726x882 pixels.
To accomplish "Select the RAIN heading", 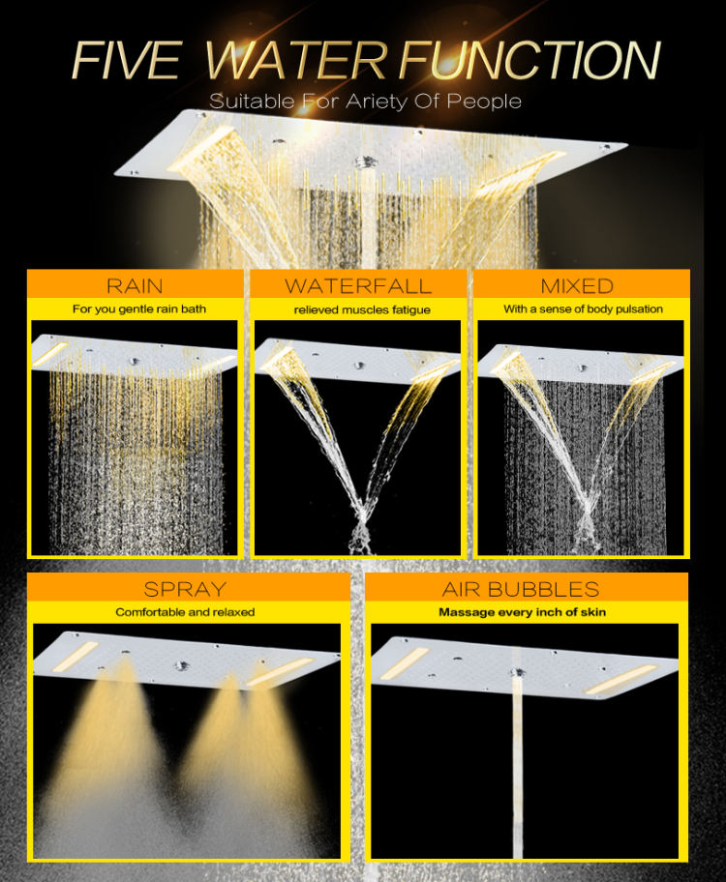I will [135, 285].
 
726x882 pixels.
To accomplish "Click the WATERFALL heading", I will [357, 285].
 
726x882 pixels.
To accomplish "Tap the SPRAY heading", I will [185, 588].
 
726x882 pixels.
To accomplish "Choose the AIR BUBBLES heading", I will [521, 588].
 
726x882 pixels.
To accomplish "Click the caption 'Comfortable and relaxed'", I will [185, 612].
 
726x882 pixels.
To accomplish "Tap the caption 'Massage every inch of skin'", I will [523, 612].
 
